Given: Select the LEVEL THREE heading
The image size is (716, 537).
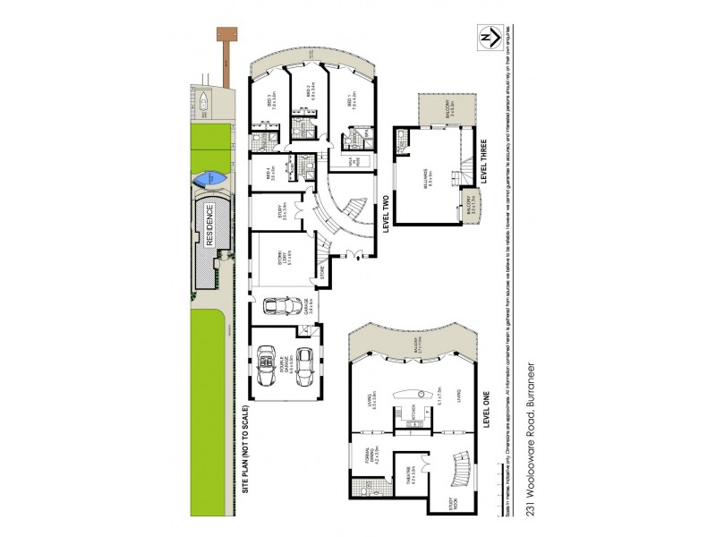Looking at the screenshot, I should tap(483, 163).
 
